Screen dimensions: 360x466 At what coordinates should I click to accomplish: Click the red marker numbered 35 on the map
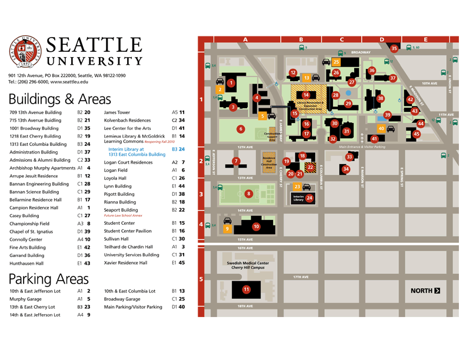pos(394,48)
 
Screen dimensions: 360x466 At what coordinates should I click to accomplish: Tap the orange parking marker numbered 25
pos(336,62)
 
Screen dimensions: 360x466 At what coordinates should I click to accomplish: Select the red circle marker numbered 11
pos(247,289)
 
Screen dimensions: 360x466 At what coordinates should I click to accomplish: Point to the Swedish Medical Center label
pos(247,265)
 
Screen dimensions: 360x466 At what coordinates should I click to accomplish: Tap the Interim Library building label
pos(298,199)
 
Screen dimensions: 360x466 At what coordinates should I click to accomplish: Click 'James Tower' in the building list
pos(116,112)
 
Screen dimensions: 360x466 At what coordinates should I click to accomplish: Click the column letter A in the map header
pos(245,39)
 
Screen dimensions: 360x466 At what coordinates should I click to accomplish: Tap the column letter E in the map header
pos(425,39)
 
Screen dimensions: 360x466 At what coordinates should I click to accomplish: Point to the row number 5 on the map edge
pos(201,279)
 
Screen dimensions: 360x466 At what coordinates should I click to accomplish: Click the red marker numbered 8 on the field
pos(249,193)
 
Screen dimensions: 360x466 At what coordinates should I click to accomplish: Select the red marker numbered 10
pos(256,226)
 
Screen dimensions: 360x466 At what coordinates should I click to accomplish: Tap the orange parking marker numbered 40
pos(381,128)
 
